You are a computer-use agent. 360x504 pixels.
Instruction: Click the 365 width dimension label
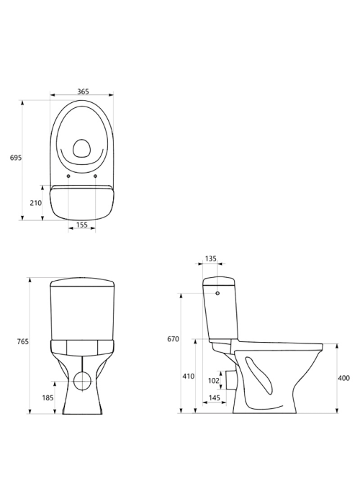click(x=83, y=91)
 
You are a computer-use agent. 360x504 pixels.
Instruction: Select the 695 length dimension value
click(x=16, y=158)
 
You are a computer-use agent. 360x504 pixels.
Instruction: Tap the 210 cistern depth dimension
click(x=36, y=203)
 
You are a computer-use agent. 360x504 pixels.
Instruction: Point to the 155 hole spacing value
click(x=82, y=225)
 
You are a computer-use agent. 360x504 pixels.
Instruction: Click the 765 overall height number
click(x=23, y=342)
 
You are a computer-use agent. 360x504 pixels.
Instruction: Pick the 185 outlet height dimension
click(x=48, y=398)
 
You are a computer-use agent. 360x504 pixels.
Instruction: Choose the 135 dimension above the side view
click(x=211, y=258)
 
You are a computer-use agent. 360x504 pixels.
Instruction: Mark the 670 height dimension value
click(x=174, y=339)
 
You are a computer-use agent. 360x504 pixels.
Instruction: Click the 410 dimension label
click(x=189, y=376)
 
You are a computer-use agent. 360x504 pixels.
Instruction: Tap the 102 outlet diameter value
click(x=214, y=381)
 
